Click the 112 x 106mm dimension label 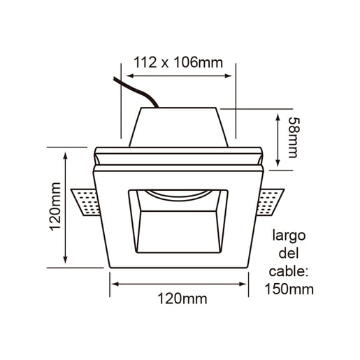tap(178, 63)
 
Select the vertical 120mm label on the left tap(56, 208)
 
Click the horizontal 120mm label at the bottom tap(180, 299)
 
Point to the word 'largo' tap(289, 236)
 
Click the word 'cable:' tap(289, 271)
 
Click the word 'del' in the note tap(289, 253)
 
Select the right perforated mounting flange tap(272, 201)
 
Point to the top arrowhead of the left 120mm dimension tap(66, 151)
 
